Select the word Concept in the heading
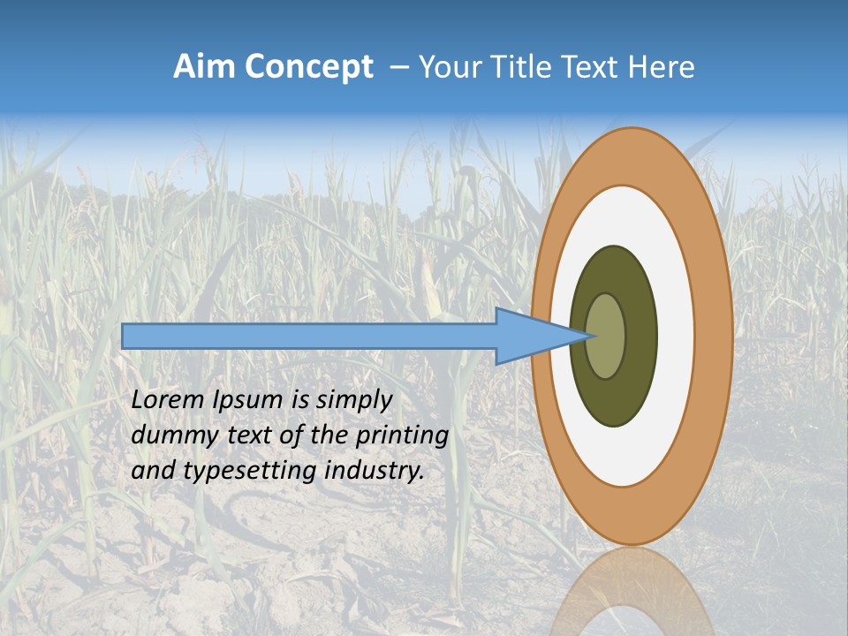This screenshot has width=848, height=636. coord(308,67)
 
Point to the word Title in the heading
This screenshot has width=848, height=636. coord(519,67)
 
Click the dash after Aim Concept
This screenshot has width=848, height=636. coord(398,67)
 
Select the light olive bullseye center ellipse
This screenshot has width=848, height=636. coord(608,336)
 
